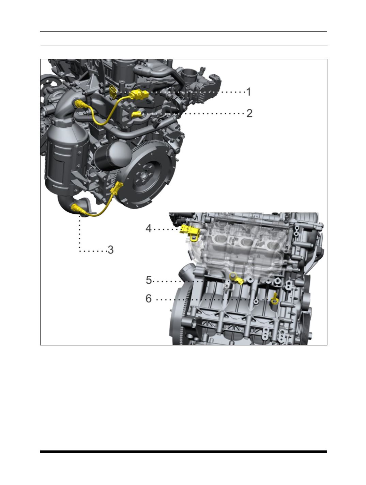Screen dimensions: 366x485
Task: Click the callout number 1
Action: (x=249, y=92)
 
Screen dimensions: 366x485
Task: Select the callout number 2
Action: (x=249, y=113)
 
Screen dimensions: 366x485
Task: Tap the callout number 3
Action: (x=110, y=250)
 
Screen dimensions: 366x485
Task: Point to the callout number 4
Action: (x=149, y=228)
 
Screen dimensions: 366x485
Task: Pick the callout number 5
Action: (x=149, y=280)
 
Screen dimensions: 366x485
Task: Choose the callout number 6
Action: (x=149, y=299)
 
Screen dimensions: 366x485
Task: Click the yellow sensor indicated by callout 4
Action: (x=190, y=232)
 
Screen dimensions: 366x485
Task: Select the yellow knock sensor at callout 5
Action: (x=236, y=279)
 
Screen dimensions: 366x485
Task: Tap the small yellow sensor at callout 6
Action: (x=274, y=299)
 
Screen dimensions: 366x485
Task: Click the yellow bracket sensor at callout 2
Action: (x=136, y=114)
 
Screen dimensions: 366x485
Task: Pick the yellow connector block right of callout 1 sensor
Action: (x=139, y=95)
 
